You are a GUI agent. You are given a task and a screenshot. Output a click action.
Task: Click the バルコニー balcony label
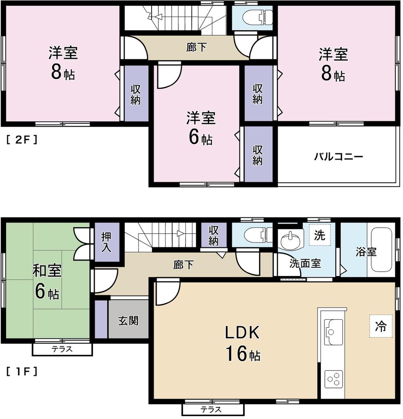(x=339, y=157)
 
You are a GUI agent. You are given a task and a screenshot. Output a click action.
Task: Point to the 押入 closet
(x=106, y=242)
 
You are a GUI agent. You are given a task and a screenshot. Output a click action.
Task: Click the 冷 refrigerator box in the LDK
(x=380, y=326)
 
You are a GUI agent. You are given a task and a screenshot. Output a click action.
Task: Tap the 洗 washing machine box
(x=320, y=235)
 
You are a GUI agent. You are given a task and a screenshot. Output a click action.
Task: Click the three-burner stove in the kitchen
(x=334, y=379)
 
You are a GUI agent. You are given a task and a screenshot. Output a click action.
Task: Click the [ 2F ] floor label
(x=22, y=140)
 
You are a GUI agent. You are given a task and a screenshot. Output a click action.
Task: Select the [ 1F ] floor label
(x=22, y=371)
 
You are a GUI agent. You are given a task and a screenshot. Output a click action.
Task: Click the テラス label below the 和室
(x=62, y=350)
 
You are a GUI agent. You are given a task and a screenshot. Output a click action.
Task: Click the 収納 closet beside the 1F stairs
(x=213, y=235)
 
